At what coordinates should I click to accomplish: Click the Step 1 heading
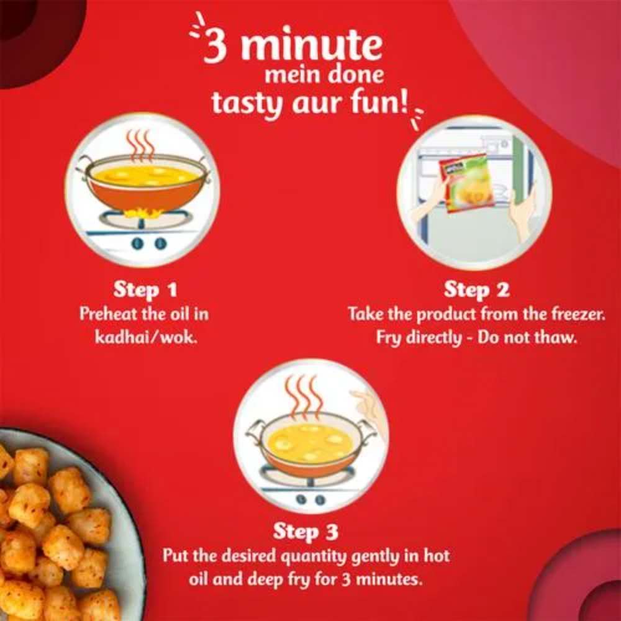pos(145,290)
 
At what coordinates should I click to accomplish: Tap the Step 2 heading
pos(476,290)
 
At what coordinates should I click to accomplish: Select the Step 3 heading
pos(306,532)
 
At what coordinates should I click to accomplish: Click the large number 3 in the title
pos(216,45)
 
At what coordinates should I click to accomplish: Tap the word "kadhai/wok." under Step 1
pos(146,338)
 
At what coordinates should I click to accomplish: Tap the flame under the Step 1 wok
pos(143,214)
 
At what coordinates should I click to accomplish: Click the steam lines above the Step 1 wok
pos(140,146)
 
